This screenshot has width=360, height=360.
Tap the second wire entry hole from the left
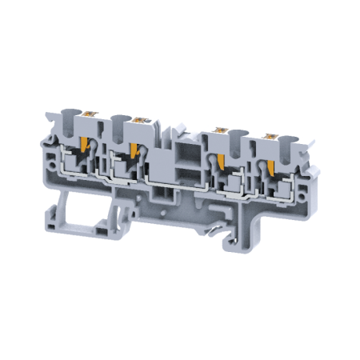(x=120, y=119)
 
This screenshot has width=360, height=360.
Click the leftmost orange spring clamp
(x=83, y=144)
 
